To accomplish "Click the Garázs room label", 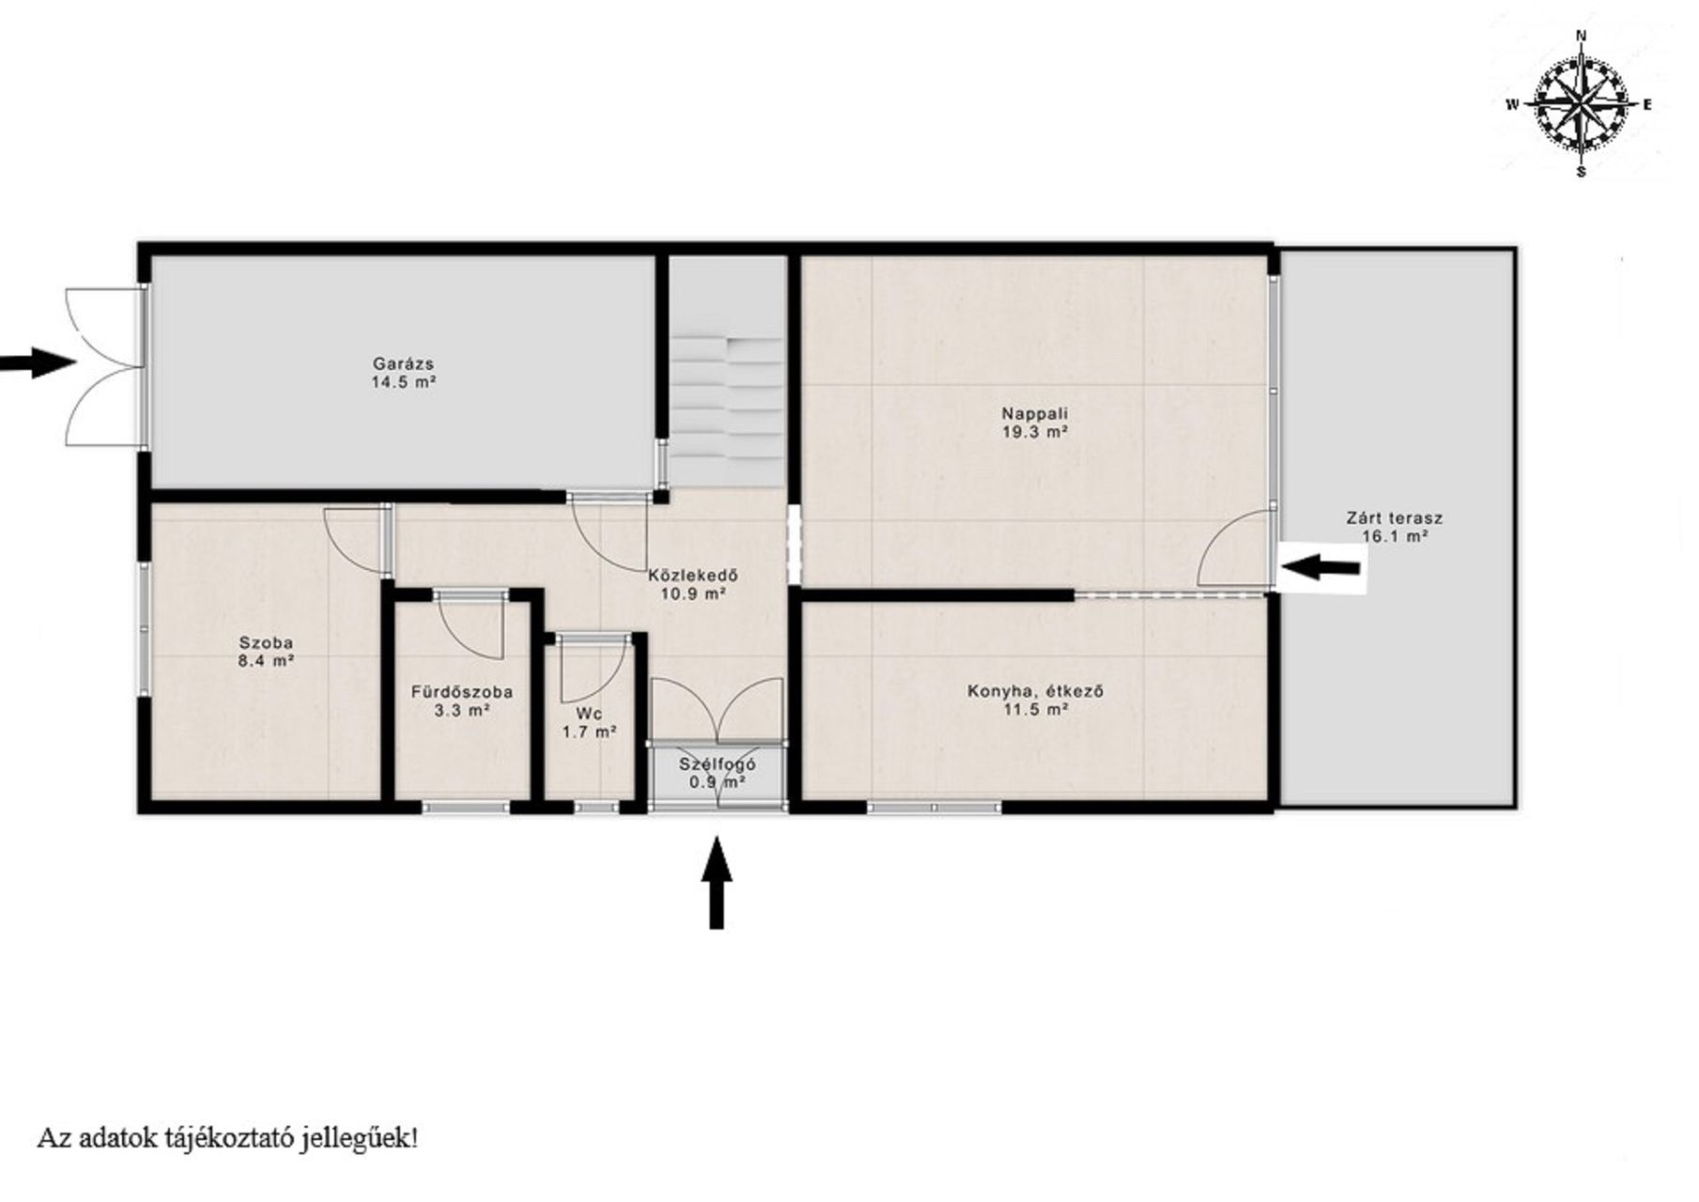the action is click(x=403, y=373).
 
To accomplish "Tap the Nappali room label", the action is click(x=1035, y=423).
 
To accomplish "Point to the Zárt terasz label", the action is click(x=1395, y=527).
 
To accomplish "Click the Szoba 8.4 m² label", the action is click(x=266, y=652).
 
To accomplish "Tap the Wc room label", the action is click(x=590, y=722).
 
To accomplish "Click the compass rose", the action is click(x=1581, y=104).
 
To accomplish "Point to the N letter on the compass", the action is click(x=1582, y=36).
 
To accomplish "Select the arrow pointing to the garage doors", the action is click(x=38, y=362).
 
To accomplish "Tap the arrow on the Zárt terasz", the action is click(x=1321, y=566).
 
